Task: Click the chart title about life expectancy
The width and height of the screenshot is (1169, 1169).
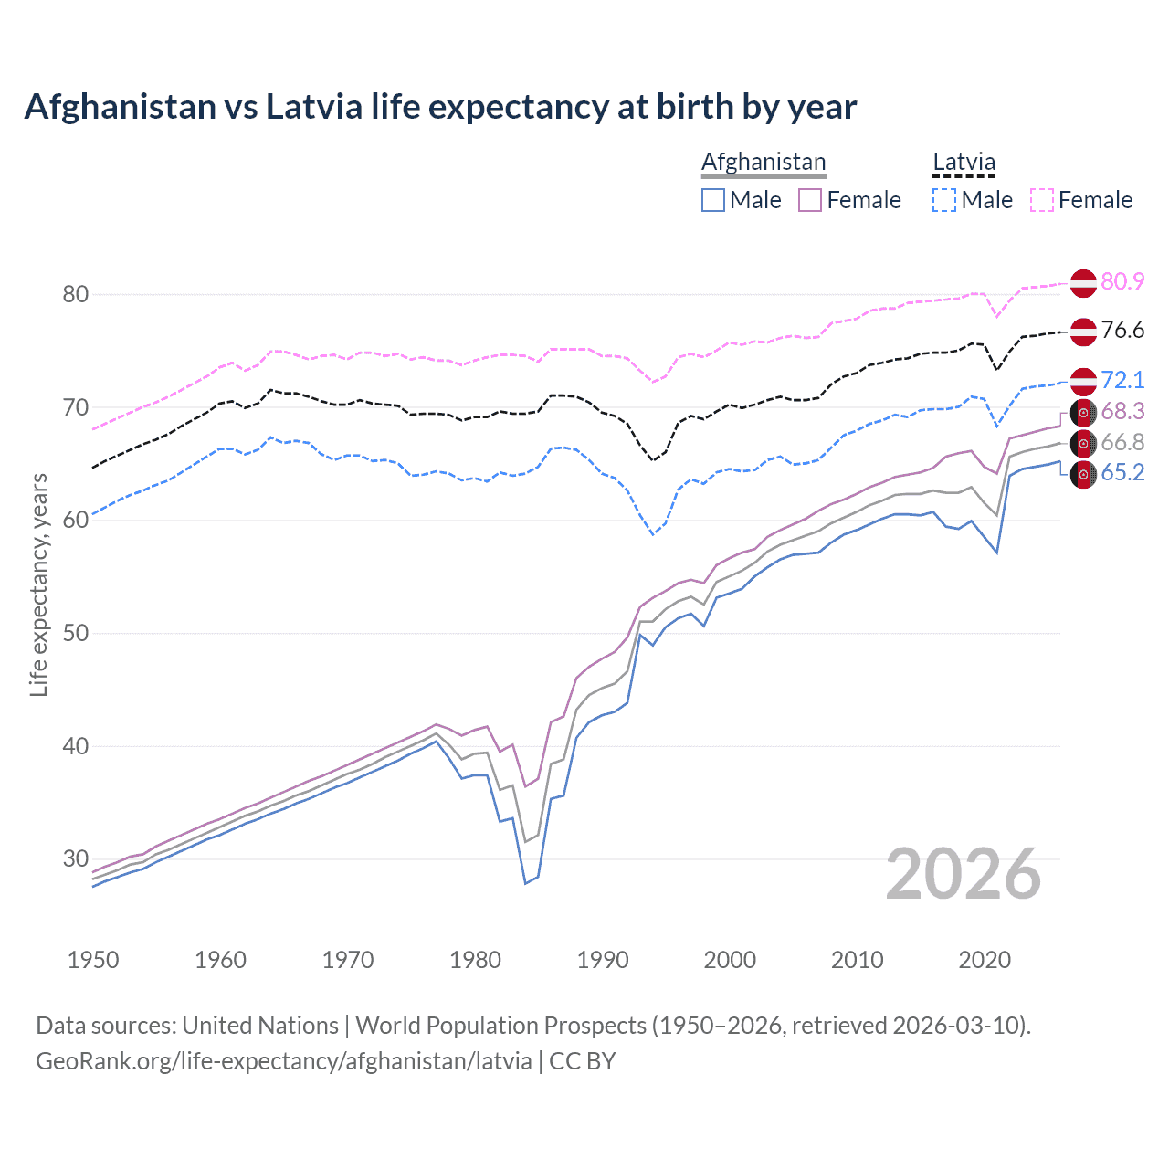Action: (x=440, y=107)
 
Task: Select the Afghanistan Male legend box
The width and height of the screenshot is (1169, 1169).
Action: (x=713, y=200)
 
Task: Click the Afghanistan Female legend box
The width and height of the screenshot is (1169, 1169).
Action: (x=811, y=200)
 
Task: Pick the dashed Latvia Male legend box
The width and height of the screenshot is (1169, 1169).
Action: (x=944, y=200)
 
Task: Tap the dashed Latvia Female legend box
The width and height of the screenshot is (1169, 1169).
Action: (x=1042, y=200)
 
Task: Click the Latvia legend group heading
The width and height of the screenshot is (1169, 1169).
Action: (x=964, y=163)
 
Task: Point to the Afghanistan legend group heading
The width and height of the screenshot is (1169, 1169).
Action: (x=764, y=163)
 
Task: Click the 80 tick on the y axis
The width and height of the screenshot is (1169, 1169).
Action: (x=76, y=294)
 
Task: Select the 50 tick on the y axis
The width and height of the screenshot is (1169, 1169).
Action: (x=76, y=633)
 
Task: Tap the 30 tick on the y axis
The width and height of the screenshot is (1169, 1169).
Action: (x=76, y=858)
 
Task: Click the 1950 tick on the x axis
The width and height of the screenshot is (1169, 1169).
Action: (x=93, y=960)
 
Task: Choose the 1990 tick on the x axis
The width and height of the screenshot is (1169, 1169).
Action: (x=603, y=960)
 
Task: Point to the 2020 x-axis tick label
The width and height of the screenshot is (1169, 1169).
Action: (x=985, y=960)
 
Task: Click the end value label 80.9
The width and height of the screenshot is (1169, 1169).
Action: (x=1122, y=281)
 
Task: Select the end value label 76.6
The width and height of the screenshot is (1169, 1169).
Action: (x=1122, y=331)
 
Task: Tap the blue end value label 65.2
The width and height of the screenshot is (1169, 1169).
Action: (x=1122, y=472)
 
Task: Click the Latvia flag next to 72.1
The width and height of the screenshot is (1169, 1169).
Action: (x=1083, y=381)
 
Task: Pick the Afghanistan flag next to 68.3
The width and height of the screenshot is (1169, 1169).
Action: (x=1083, y=412)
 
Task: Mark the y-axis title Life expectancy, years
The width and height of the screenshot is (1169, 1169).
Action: (x=39, y=584)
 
